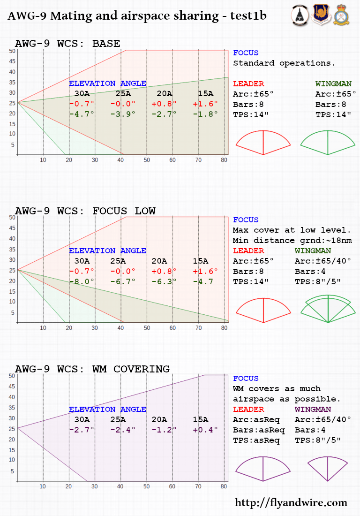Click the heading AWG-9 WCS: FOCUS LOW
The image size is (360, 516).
pos(85,211)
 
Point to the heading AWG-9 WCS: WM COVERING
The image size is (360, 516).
pos(92,369)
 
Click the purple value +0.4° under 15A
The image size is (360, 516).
pos(205,430)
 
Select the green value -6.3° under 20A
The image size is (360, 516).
pos(164,281)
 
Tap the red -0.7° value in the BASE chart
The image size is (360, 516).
pos(82,104)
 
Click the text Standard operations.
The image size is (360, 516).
pos(284,63)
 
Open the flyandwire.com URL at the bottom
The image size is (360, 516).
pos(291,503)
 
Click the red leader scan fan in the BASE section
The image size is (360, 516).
pos(263,143)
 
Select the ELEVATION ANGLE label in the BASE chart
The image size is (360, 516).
pos(107,83)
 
